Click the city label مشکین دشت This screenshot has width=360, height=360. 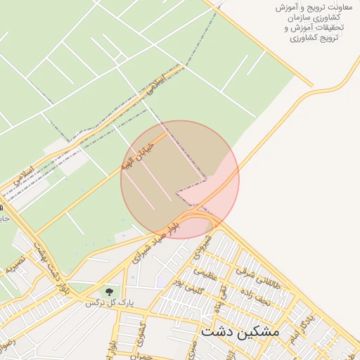point(240,330)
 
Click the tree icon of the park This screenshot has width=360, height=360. point(108,290)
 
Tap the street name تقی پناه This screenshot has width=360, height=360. point(220,291)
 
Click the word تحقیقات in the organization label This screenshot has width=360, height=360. point(323,27)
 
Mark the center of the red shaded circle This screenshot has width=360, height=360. point(180,179)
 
